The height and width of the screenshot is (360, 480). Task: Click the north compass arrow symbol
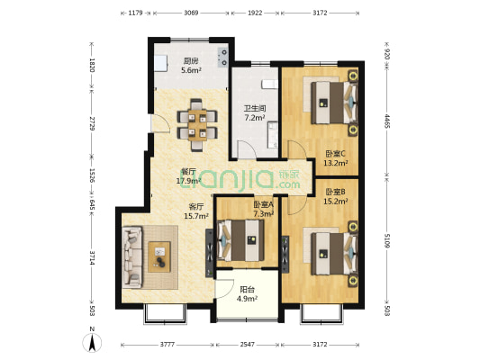(92, 343)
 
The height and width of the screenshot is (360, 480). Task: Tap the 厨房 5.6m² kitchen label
(191, 66)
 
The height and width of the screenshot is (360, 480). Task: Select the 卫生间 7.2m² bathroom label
(255, 112)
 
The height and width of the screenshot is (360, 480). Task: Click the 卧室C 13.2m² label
(336, 158)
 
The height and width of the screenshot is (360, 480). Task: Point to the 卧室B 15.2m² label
(336, 196)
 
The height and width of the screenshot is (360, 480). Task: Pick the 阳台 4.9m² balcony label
(247, 294)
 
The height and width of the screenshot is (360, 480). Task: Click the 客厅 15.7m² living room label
(196, 211)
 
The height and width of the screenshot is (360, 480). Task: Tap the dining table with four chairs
(197, 125)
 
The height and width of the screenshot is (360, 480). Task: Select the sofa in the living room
(132, 256)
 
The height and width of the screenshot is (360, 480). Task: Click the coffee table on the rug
(159, 256)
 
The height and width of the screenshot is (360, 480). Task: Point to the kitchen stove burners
(223, 58)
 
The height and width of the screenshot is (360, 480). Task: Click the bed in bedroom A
(240, 240)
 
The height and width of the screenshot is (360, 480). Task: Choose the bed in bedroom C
(335, 103)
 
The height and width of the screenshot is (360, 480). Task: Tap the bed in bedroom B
(335, 254)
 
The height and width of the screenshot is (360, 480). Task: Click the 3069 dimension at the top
(191, 13)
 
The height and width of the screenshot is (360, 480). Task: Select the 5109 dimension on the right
(387, 240)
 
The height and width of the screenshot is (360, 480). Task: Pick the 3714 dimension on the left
(92, 257)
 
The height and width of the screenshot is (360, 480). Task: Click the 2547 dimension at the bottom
(247, 345)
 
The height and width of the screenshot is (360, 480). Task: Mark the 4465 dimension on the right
(387, 121)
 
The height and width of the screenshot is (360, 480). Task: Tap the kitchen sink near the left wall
(160, 63)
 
